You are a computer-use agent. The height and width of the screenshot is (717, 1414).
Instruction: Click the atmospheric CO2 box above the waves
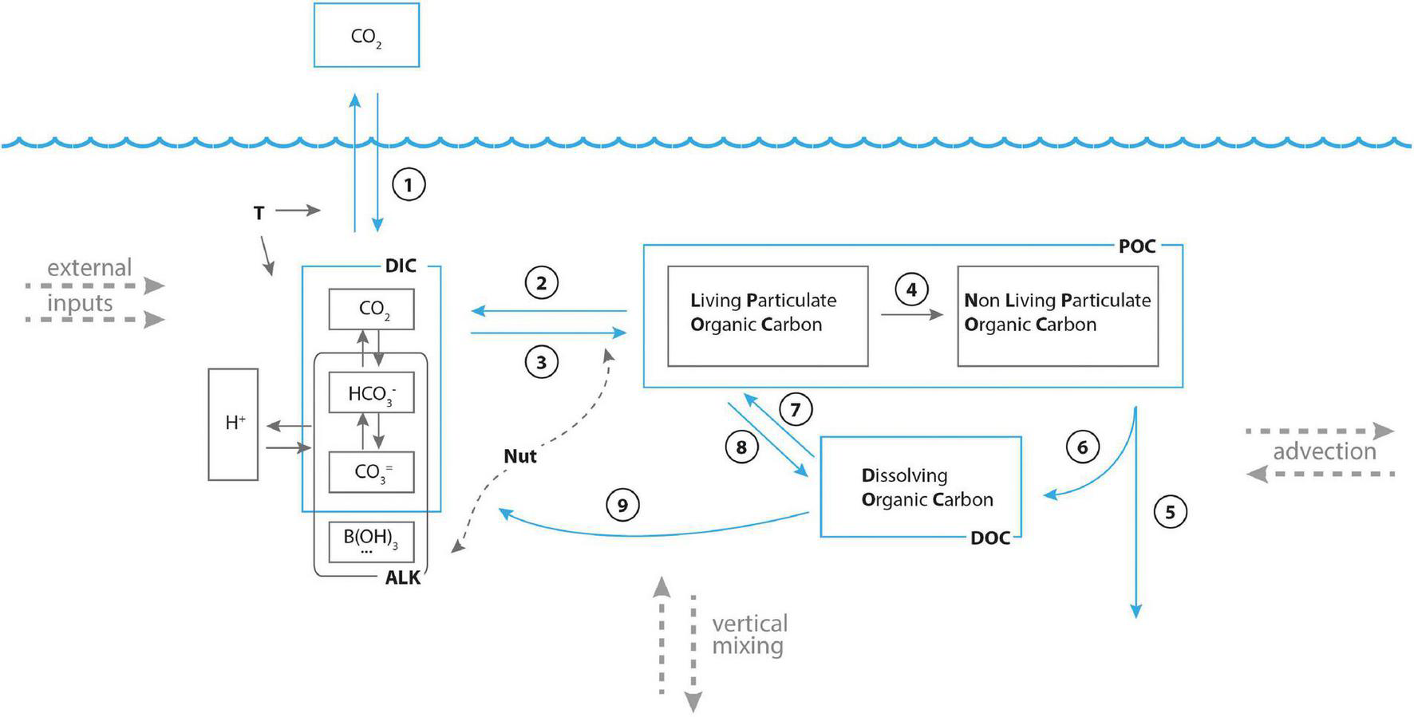(366, 36)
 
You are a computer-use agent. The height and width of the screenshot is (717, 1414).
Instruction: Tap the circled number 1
(409, 185)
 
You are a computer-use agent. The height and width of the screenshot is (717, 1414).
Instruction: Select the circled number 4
(911, 290)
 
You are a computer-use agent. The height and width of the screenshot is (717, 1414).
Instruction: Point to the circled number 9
(622, 505)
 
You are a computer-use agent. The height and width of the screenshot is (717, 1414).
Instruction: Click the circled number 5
(1170, 511)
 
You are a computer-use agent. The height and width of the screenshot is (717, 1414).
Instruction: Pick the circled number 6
(1082, 447)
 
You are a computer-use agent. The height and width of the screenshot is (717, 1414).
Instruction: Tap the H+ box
(233, 424)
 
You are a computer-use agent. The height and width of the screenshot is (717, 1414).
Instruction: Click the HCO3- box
(371, 392)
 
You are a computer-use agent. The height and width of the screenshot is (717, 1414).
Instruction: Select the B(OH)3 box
(371, 541)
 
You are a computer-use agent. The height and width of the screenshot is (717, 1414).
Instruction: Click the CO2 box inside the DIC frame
(371, 309)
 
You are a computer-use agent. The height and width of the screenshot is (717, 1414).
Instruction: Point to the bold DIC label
(401, 266)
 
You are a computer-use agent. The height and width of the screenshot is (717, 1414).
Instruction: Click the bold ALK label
(402, 578)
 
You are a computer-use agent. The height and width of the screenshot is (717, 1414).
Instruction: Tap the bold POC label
(1136, 246)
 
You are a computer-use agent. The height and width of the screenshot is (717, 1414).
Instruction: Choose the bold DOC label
(989, 538)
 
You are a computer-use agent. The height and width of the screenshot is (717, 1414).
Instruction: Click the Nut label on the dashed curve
(519, 457)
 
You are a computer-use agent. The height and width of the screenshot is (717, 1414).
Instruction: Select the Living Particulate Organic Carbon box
(768, 317)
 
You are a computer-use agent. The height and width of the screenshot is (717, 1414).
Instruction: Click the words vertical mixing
(748, 635)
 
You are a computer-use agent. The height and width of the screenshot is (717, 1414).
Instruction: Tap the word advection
(1324, 452)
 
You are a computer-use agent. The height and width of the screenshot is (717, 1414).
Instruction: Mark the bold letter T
(259, 214)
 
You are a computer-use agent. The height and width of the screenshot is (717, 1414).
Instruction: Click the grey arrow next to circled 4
(911, 315)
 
